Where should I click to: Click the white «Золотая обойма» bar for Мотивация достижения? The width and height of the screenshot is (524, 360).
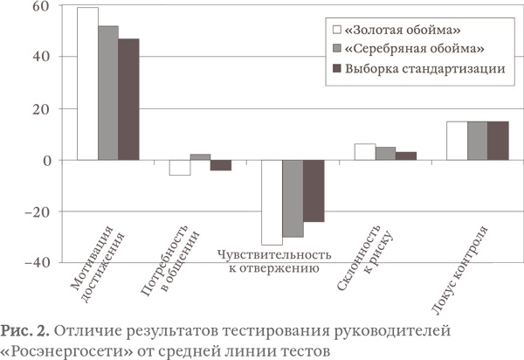[x=87, y=84]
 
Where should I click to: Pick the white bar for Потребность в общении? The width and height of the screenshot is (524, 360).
[x=180, y=168]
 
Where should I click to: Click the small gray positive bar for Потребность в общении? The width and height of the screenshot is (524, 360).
[x=200, y=157]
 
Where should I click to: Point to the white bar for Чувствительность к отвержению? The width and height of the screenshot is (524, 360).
[x=272, y=202]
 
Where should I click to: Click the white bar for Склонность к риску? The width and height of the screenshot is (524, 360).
[x=364, y=152]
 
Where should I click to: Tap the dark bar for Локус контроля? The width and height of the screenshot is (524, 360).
[x=498, y=141]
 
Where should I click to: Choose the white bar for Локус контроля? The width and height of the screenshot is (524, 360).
[x=457, y=141]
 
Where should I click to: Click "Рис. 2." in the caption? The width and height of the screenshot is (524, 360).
[x=24, y=329]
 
